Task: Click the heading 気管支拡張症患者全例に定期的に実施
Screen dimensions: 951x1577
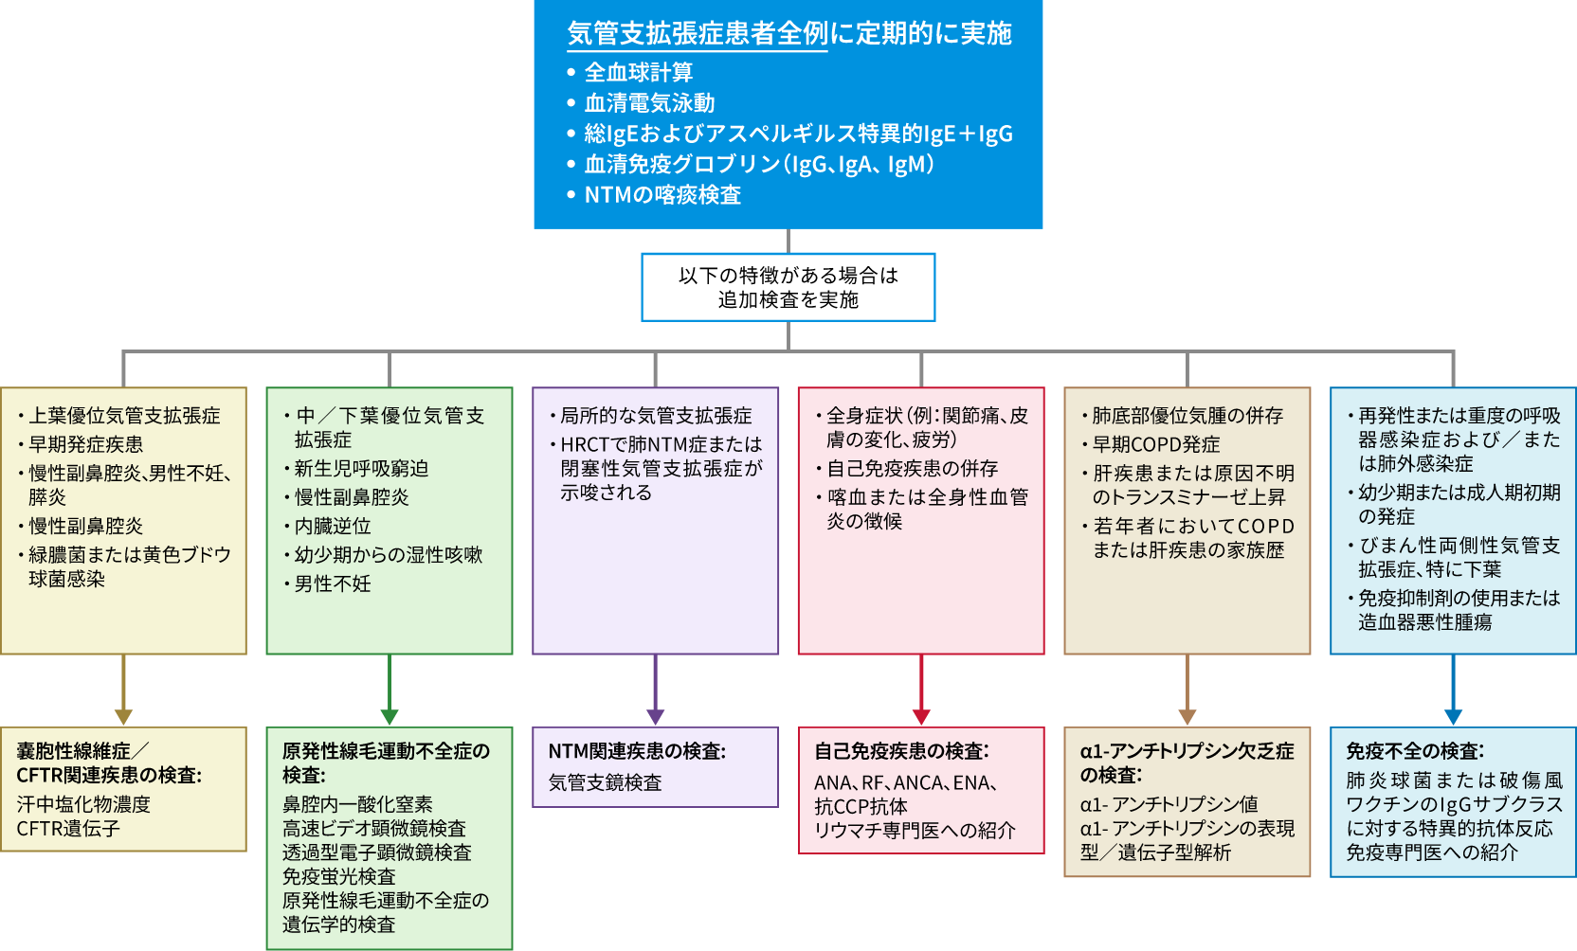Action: pyautogui.click(x=788, y=33)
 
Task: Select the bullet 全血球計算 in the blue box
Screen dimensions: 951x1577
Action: pyautogui.click(x=638, y=72)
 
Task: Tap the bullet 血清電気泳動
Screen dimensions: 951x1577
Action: pyautogui.click(x=649, y=102)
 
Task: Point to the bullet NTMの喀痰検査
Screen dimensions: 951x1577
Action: pyautogui.click(x=662, y=194)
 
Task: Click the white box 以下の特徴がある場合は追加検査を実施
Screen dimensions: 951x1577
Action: pyautogui.click(x=788, y=287)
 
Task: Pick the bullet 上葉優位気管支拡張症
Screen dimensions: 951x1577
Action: pyautogui.click(x=124, y=416)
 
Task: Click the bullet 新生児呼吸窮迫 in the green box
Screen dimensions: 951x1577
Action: pyautogui.click(x=361, y=469)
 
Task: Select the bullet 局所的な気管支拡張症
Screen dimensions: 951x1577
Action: pyautogui.click(x=656, y=416)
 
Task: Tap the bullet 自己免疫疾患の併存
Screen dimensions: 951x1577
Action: pyautogui.click(x=912, y=469)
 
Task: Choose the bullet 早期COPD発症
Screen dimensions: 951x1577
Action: pyautogui.click(x=1155, y=444)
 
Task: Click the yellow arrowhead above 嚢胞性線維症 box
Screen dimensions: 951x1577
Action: pyautogui.click(x=123, y=717)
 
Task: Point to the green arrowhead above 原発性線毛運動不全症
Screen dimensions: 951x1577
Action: pyautogui.click(x=390, y=717)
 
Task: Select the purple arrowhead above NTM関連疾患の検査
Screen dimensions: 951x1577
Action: pyautogui.click(x=655, y=717)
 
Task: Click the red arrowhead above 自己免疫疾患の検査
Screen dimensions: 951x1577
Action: pyautogui.click(x=921, y=717)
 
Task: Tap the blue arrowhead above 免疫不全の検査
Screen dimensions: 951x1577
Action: pyautogui.click(x=1453, y=717)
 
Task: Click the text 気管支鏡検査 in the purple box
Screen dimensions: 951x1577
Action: pyautogui.click(x=605, y=782)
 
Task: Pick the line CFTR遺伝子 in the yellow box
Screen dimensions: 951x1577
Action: pyautogui.click(x=68, y=828)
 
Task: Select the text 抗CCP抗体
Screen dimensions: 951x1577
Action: pyautogui.click(x=861, y=806)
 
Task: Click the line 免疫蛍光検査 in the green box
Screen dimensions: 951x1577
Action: pyautogui.click(x=338, y=876)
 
